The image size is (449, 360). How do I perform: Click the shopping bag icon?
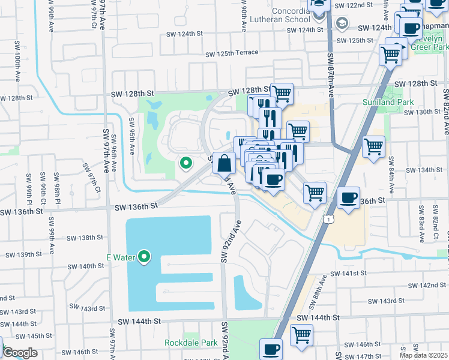pos(224,163)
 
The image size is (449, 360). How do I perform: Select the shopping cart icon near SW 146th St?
pos(301,335)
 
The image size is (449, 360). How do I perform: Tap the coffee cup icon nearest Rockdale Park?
pos(271,350)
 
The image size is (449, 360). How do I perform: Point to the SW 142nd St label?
pos(424,286)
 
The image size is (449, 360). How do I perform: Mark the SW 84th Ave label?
pos(391,174)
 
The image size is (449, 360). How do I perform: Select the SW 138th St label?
pos(85,238)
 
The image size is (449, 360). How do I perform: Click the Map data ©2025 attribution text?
pos(423,355)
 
